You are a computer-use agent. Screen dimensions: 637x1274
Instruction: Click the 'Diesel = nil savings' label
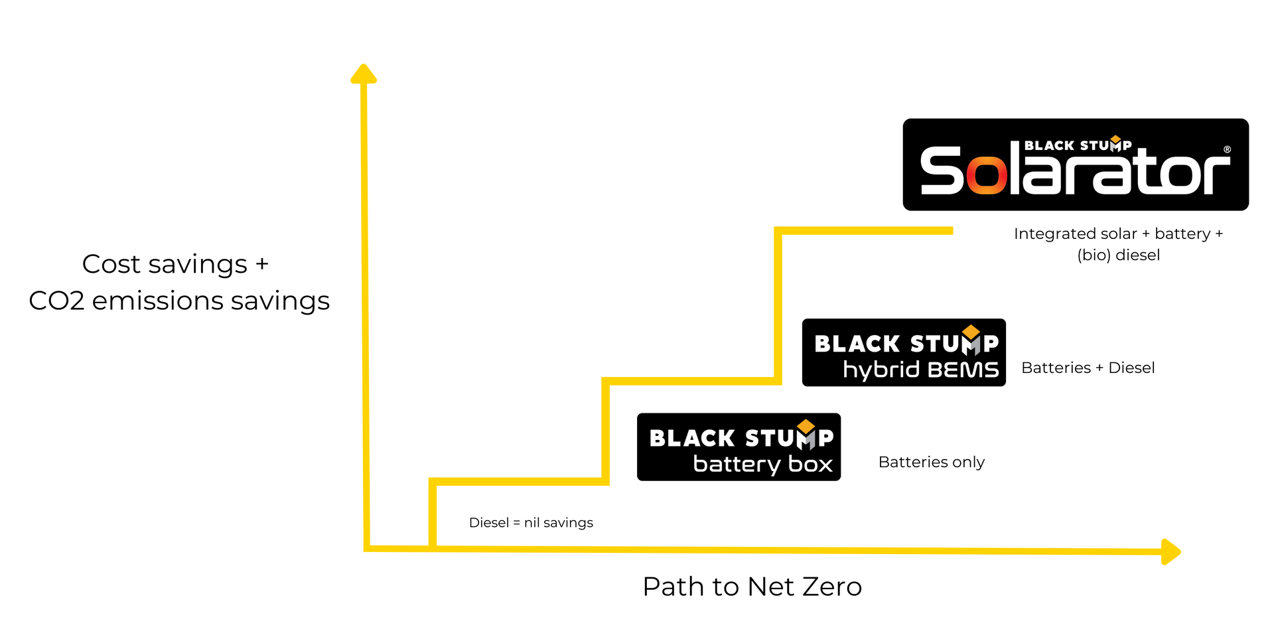pyautogui.click(x=531, y=523)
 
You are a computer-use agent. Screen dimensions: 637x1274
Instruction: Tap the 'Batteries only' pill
pyautogui.click(x=931, y=462)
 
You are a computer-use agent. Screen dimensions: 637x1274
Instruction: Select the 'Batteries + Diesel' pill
pyautogui.click(x=1088, y=368)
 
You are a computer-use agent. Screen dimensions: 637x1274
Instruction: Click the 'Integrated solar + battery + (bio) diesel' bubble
pyautogui.click(x=1118, y=245)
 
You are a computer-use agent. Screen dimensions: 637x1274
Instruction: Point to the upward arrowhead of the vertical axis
pyautogui.click(x=363, y=73)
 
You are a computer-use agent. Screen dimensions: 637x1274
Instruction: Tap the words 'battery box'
pyautogui.click(x=762, y=464)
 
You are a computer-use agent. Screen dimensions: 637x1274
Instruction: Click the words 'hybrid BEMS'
pyautogui.click(x=920, y=370)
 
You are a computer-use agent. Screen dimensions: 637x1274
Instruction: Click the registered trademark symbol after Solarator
pyautogui.click(x=1227, y=149)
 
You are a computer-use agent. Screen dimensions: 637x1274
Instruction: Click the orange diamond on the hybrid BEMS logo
pyautogui.click(x=971, y=331)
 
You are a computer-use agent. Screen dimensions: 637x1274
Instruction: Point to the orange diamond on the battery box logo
pyautogui.click(x=806, y=425)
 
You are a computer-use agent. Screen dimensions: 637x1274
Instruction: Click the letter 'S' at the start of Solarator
pyautogui.click(x=941, y=171)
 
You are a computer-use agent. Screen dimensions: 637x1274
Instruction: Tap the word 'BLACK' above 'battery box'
pyautogui.click(x=692, y=439)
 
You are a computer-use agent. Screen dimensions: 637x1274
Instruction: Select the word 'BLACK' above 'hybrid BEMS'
pyautogui.click(x=857, y=344)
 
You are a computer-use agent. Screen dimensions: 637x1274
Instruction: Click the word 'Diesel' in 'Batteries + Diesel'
pyautogui.click(x=1131, y=368)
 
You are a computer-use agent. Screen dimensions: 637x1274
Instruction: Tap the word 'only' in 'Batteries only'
pyautogui.click(x=968, y=462)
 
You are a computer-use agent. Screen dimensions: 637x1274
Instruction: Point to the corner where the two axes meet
pyautogui.click(x=366, y=548)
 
